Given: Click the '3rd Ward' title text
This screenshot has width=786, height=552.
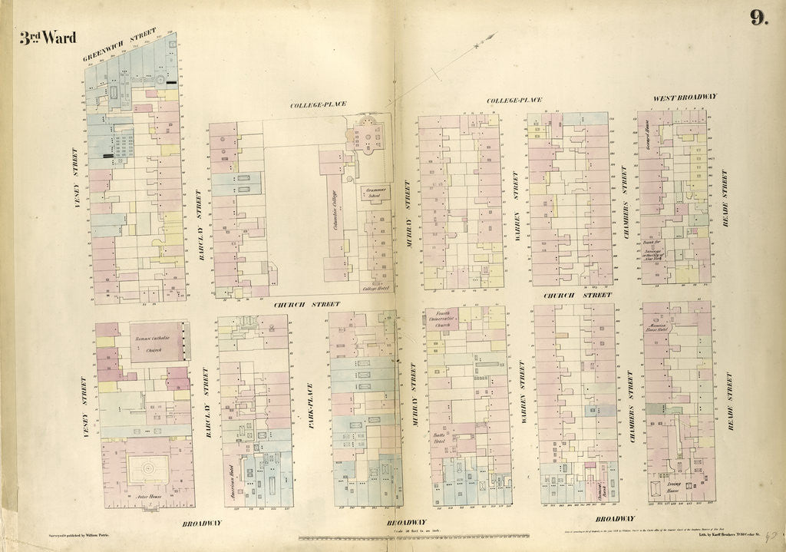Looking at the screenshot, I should click(48, 38).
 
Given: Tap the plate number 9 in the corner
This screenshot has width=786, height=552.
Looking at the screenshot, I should click(758, 18).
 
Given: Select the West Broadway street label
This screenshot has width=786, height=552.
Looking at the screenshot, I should click(685, 98).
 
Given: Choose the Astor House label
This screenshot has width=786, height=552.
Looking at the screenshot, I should click(150, 497).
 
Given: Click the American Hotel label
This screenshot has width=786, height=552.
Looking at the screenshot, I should click(230, 483).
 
